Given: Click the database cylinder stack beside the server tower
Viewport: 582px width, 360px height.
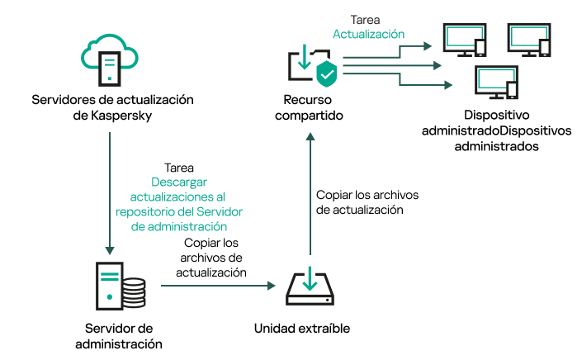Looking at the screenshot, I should [x=130, y=291].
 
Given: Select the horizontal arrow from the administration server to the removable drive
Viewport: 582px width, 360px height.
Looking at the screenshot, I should [x=217, y=286].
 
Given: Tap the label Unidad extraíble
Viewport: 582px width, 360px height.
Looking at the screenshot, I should [x=301, y=328].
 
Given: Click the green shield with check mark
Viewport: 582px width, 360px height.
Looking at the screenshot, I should [x=327, y=73].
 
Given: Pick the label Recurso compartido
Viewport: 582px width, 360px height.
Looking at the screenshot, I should [x=308, y=108].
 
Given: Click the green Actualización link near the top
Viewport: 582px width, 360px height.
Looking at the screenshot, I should [x=368, y=35].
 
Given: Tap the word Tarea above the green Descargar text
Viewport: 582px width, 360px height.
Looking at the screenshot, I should [x=180, y=167].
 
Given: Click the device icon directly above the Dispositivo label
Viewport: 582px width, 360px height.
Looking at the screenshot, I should [x=492, y=83].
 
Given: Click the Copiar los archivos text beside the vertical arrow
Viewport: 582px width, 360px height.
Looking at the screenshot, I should [x=367, y=196].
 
